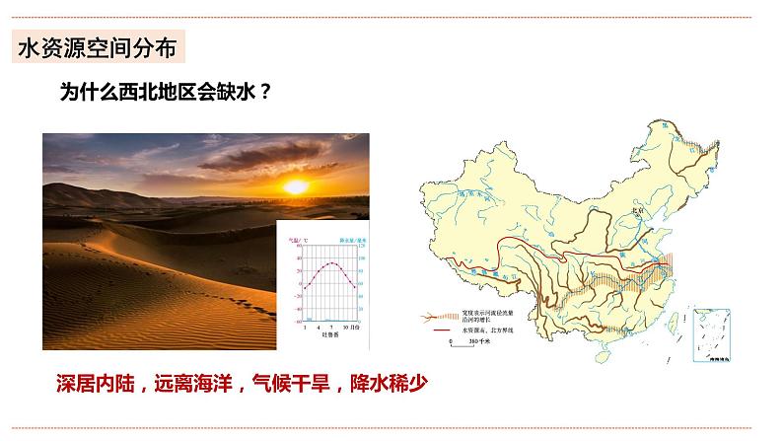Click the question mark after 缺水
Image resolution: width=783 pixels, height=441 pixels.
tap(266, 93)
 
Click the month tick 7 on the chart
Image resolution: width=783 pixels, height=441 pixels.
tap(332, 326)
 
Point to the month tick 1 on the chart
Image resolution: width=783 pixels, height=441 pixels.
tap(305, 326)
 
